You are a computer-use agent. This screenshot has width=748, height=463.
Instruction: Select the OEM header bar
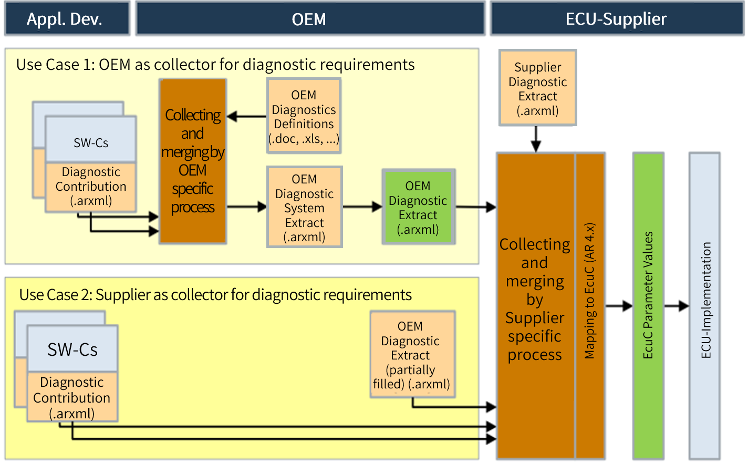tap(310, 19)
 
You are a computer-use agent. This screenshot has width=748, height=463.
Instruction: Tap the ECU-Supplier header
tap(617, 19)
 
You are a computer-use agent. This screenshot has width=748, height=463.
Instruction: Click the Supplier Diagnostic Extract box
tap(537, 88)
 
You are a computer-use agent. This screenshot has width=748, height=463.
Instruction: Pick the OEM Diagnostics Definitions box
tap(304, 116)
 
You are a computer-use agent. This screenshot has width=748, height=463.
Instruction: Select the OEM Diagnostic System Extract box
tap(305, 207)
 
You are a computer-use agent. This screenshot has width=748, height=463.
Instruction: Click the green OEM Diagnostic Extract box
tap(418, 207)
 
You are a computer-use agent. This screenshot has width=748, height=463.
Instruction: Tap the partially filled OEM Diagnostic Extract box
tap(412, 355)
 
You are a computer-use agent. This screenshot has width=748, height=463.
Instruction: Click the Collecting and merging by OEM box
tap(193, 161)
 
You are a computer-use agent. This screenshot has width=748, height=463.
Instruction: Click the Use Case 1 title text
tap(215, 65)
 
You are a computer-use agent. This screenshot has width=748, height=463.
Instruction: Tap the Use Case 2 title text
tap(215, 295)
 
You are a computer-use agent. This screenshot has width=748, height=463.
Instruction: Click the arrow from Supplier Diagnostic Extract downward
tap(536, 139)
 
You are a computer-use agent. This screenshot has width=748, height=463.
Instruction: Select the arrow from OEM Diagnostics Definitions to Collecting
tap(247, 116)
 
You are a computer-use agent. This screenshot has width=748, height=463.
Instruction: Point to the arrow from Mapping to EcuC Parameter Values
tap(619, 306)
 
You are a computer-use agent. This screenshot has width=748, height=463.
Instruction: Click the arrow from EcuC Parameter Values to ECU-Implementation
tap(677, 306)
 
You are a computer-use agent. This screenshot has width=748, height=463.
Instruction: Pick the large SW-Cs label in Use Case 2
tap(72, 349)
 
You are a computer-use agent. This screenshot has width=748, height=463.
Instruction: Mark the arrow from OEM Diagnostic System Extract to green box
tap(362, 207)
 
